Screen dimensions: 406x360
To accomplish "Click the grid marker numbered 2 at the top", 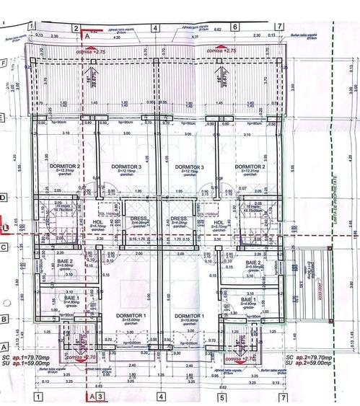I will click(x=75, y=28).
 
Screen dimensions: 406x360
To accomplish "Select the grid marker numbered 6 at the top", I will click(x=235, y=28).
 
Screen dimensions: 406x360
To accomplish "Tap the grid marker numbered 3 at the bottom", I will click(x=100, y=397).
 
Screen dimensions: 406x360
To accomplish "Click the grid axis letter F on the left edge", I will click(x=5, y=63).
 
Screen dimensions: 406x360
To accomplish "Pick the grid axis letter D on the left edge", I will click(x=5, y=197).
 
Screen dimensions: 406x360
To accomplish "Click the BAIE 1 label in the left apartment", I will click(x=71, y=297).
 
